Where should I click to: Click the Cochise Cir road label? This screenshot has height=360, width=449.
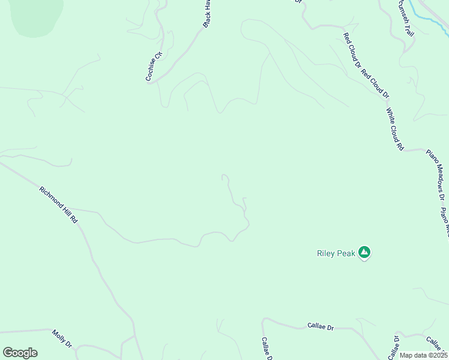click(x=154, y=65)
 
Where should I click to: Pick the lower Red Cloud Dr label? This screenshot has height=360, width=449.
click(x=376, y=83)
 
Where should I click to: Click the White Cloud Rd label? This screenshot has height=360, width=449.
click(x=394, y=129)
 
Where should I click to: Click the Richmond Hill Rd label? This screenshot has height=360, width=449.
click(x=59, y=205)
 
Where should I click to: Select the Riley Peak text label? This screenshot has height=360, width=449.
click(x=336, y=253)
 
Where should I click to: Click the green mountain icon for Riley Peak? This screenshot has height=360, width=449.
click(x=364, y=253)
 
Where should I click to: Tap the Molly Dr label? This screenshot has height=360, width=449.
click(x=62, y=339)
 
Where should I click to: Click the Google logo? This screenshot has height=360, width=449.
click(x=20, y=353)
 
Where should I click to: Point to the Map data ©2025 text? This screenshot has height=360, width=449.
click(x=423, y=355)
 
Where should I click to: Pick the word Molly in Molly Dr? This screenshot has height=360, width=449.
click(x=59, y=336)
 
